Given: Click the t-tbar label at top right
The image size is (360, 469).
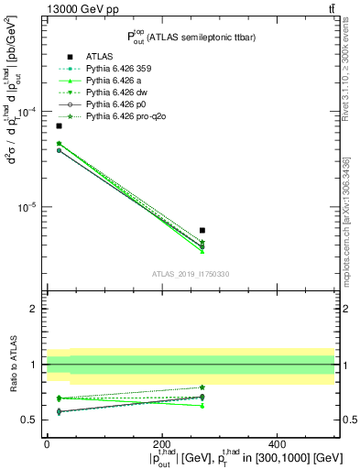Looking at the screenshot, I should (x=331, y=8).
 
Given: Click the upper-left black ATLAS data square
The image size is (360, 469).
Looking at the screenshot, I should (x=59, y=125).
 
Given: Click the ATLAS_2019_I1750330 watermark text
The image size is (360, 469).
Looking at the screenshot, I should (x=191, y=274).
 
